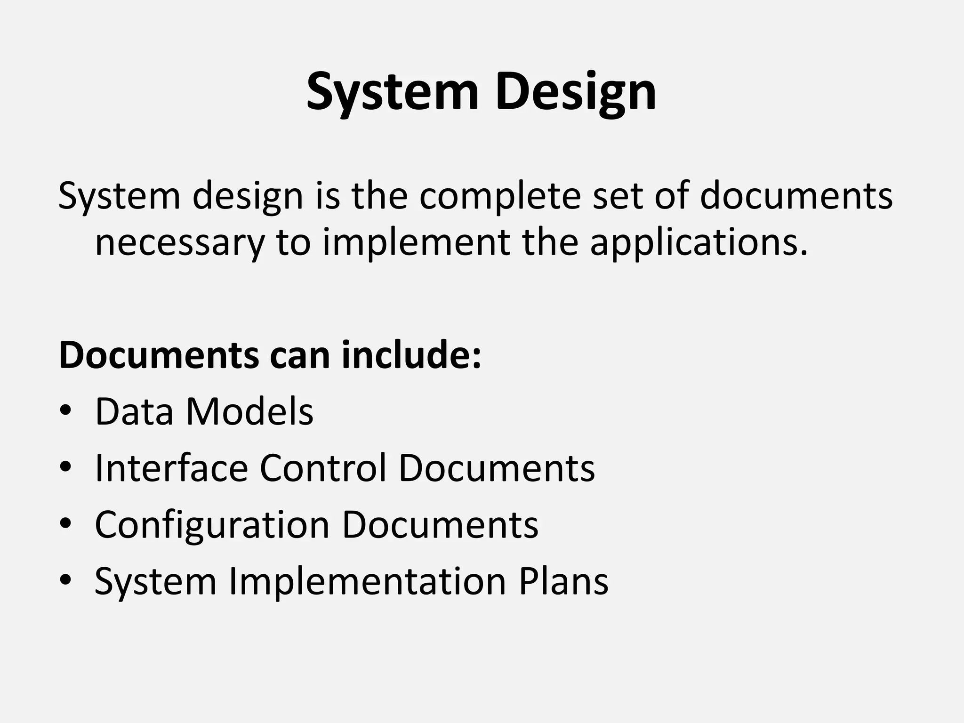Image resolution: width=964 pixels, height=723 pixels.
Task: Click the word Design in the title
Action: (x=575, y=92)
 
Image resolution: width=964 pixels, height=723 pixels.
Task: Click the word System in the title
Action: (x=392, y=92)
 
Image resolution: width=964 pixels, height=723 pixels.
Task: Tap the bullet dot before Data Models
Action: (x=66, y=410)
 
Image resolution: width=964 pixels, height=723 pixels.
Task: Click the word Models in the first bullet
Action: (x=250, y=411)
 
